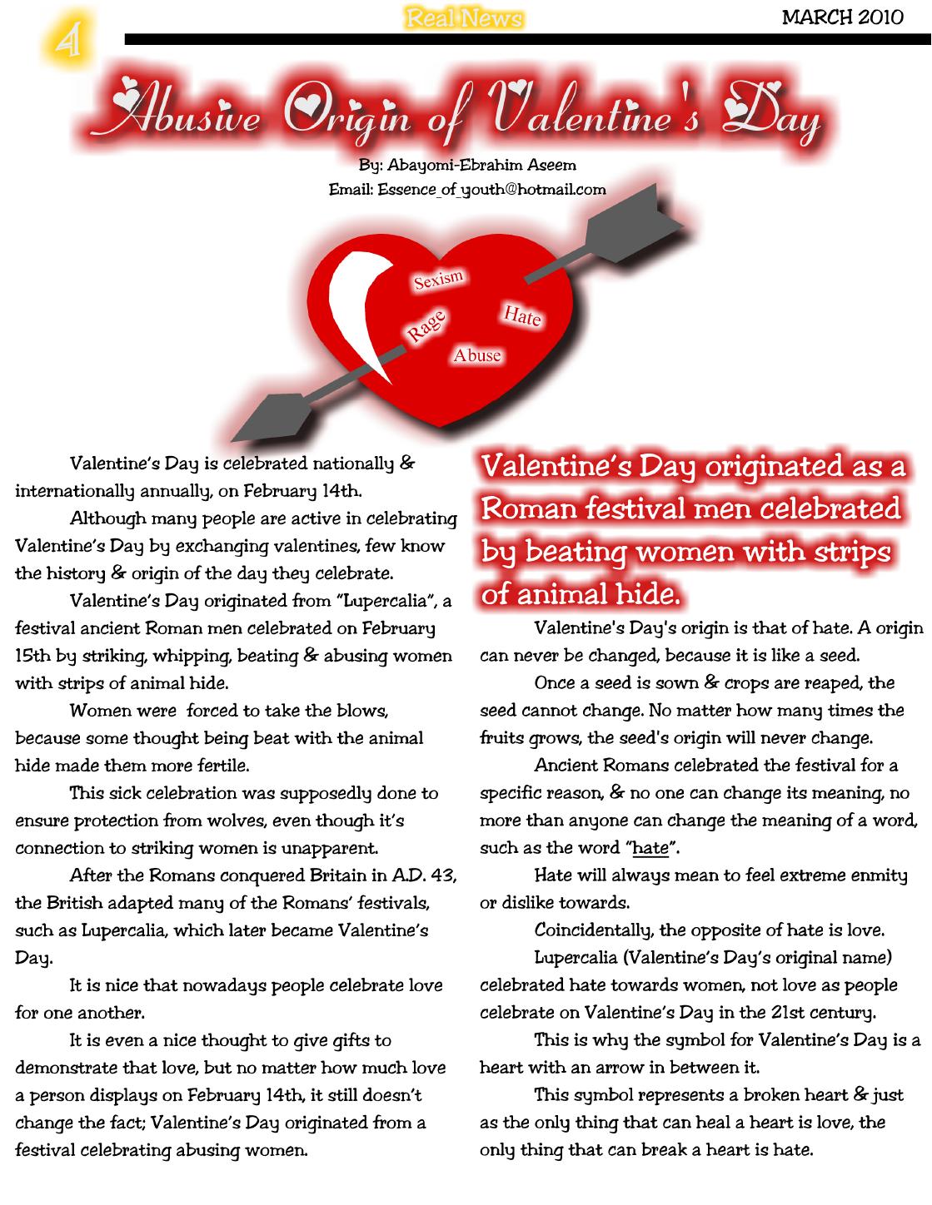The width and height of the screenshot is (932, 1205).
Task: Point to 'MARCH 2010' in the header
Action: pos(842,17)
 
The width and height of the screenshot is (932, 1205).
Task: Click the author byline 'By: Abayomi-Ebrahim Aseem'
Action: pos(467,165)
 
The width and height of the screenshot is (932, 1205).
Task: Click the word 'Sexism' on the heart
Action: pos(439,280)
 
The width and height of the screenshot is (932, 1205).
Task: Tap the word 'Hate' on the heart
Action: pos(522,315)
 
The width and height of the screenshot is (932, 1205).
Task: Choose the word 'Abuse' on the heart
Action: pos(477,355)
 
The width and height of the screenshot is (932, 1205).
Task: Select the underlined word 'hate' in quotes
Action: pos(650,849)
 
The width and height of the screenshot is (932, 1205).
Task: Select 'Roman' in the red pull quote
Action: pos(528,508)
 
